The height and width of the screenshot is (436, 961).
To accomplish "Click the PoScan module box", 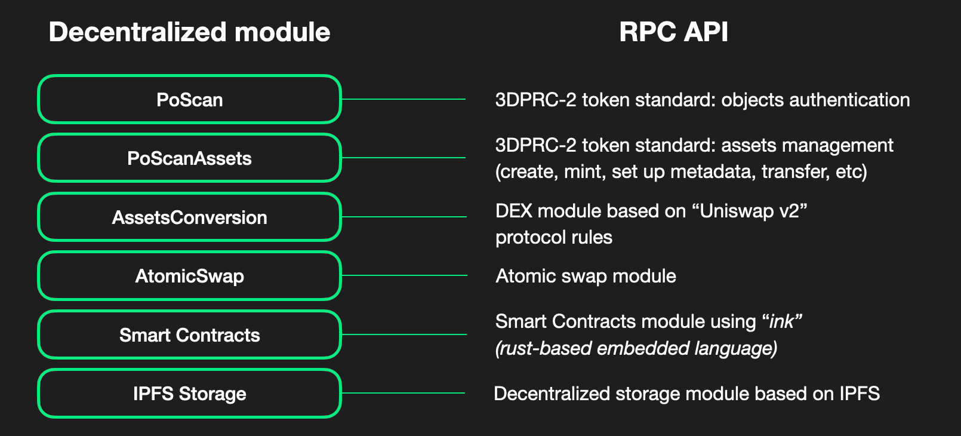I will point(189,99).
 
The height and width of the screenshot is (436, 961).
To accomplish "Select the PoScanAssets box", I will point(189,158).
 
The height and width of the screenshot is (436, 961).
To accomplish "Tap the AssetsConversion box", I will point(189,217).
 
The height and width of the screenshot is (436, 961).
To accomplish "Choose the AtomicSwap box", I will point(189,275).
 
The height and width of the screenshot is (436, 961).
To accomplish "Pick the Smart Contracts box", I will point(189,334).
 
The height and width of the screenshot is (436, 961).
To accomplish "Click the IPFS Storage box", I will point(189,393).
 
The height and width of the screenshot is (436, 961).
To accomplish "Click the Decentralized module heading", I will point(189,32).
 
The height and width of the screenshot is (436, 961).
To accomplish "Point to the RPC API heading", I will point(673,32).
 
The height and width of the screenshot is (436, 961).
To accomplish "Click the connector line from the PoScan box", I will point(403,99).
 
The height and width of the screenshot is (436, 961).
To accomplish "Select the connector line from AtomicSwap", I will point(403,275).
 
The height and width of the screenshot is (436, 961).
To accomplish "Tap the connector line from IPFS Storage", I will point(403,393).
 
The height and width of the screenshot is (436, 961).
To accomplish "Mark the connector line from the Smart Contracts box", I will point(403,334).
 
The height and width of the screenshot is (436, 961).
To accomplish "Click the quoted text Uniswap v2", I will point(753,211).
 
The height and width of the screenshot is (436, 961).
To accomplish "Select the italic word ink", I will point(782,321).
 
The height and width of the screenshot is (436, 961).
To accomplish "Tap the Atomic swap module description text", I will point(586,276).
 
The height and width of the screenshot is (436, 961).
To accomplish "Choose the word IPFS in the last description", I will point(860,394).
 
